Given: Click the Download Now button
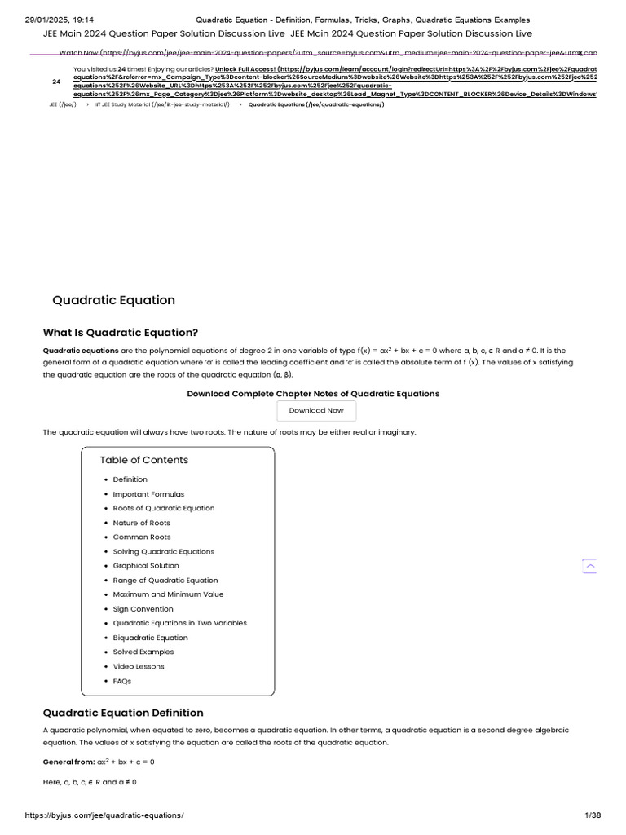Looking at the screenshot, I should click(x=316, y=411).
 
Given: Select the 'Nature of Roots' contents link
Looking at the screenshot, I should click(x=141, y=523).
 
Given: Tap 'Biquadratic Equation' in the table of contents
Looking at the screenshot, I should click(x=150, y=638).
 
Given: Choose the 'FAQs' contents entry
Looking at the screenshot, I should click(x=121, y=681).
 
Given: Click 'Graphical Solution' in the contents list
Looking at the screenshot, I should click(x=146, y=566).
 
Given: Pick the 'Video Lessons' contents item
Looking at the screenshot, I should click(x=139, y=666).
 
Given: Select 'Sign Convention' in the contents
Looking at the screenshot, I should click(x=143, y=609).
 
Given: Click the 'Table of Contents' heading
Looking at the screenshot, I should click(x=143, y=460).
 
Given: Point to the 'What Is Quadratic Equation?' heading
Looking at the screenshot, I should click(x=120, y=333).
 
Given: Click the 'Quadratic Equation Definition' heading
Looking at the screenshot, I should click(x=123, y=713).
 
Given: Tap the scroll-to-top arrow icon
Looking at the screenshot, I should click(x=589, y=566).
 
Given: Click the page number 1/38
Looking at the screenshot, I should click(x=593, y=815).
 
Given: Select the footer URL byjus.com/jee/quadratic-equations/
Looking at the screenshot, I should click(x=104, y=815).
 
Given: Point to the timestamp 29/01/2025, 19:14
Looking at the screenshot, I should click(x=60, y=20).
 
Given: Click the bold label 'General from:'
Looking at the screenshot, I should click(x=68, y=762).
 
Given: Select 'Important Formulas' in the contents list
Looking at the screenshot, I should click(x=148, y=494).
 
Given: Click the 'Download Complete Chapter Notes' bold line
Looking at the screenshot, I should click(x=313, y=394).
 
